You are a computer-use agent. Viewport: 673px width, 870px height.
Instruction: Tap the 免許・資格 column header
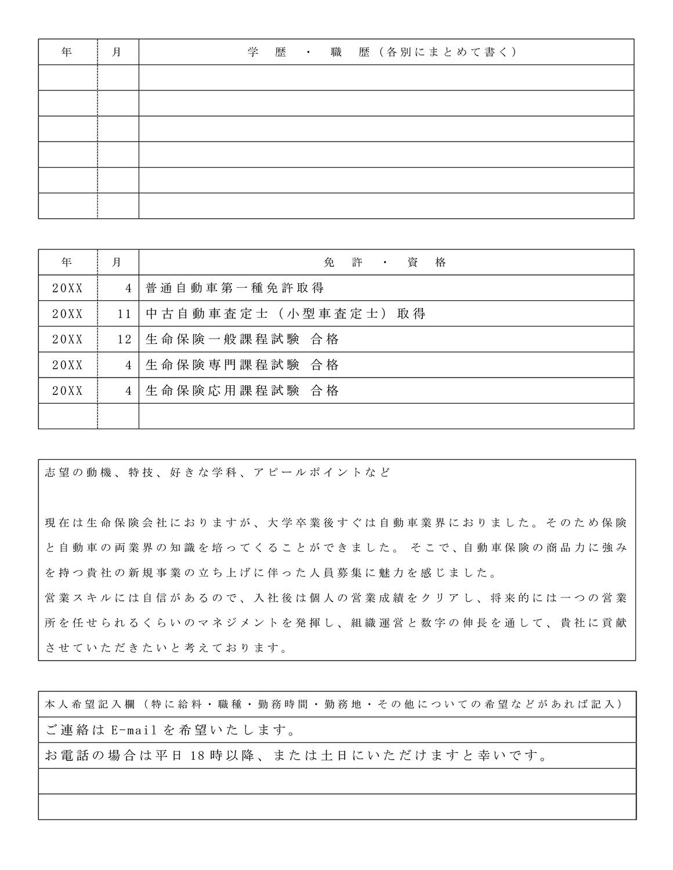click(x=386, y=263)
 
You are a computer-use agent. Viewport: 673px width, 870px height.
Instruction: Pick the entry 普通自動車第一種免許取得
click(x=235, y=288)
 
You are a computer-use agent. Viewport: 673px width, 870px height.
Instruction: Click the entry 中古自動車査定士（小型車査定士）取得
click(x=285, y=314)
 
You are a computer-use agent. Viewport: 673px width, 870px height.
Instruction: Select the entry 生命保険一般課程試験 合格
click(x=243, y=340)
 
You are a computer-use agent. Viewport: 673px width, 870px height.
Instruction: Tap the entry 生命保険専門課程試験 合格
click(x=243, y=365)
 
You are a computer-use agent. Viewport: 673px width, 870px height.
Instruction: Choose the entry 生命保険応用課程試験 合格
click(x=243, y=391)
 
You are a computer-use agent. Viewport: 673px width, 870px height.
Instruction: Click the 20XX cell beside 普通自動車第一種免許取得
click(x=67, y=288)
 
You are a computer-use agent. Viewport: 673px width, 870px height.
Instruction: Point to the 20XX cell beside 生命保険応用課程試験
click(x=67, y=391)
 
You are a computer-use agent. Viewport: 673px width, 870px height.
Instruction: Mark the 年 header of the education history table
click(x=67, y=52)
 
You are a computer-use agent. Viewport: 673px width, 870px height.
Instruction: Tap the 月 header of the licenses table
click(x=117, y=263)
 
